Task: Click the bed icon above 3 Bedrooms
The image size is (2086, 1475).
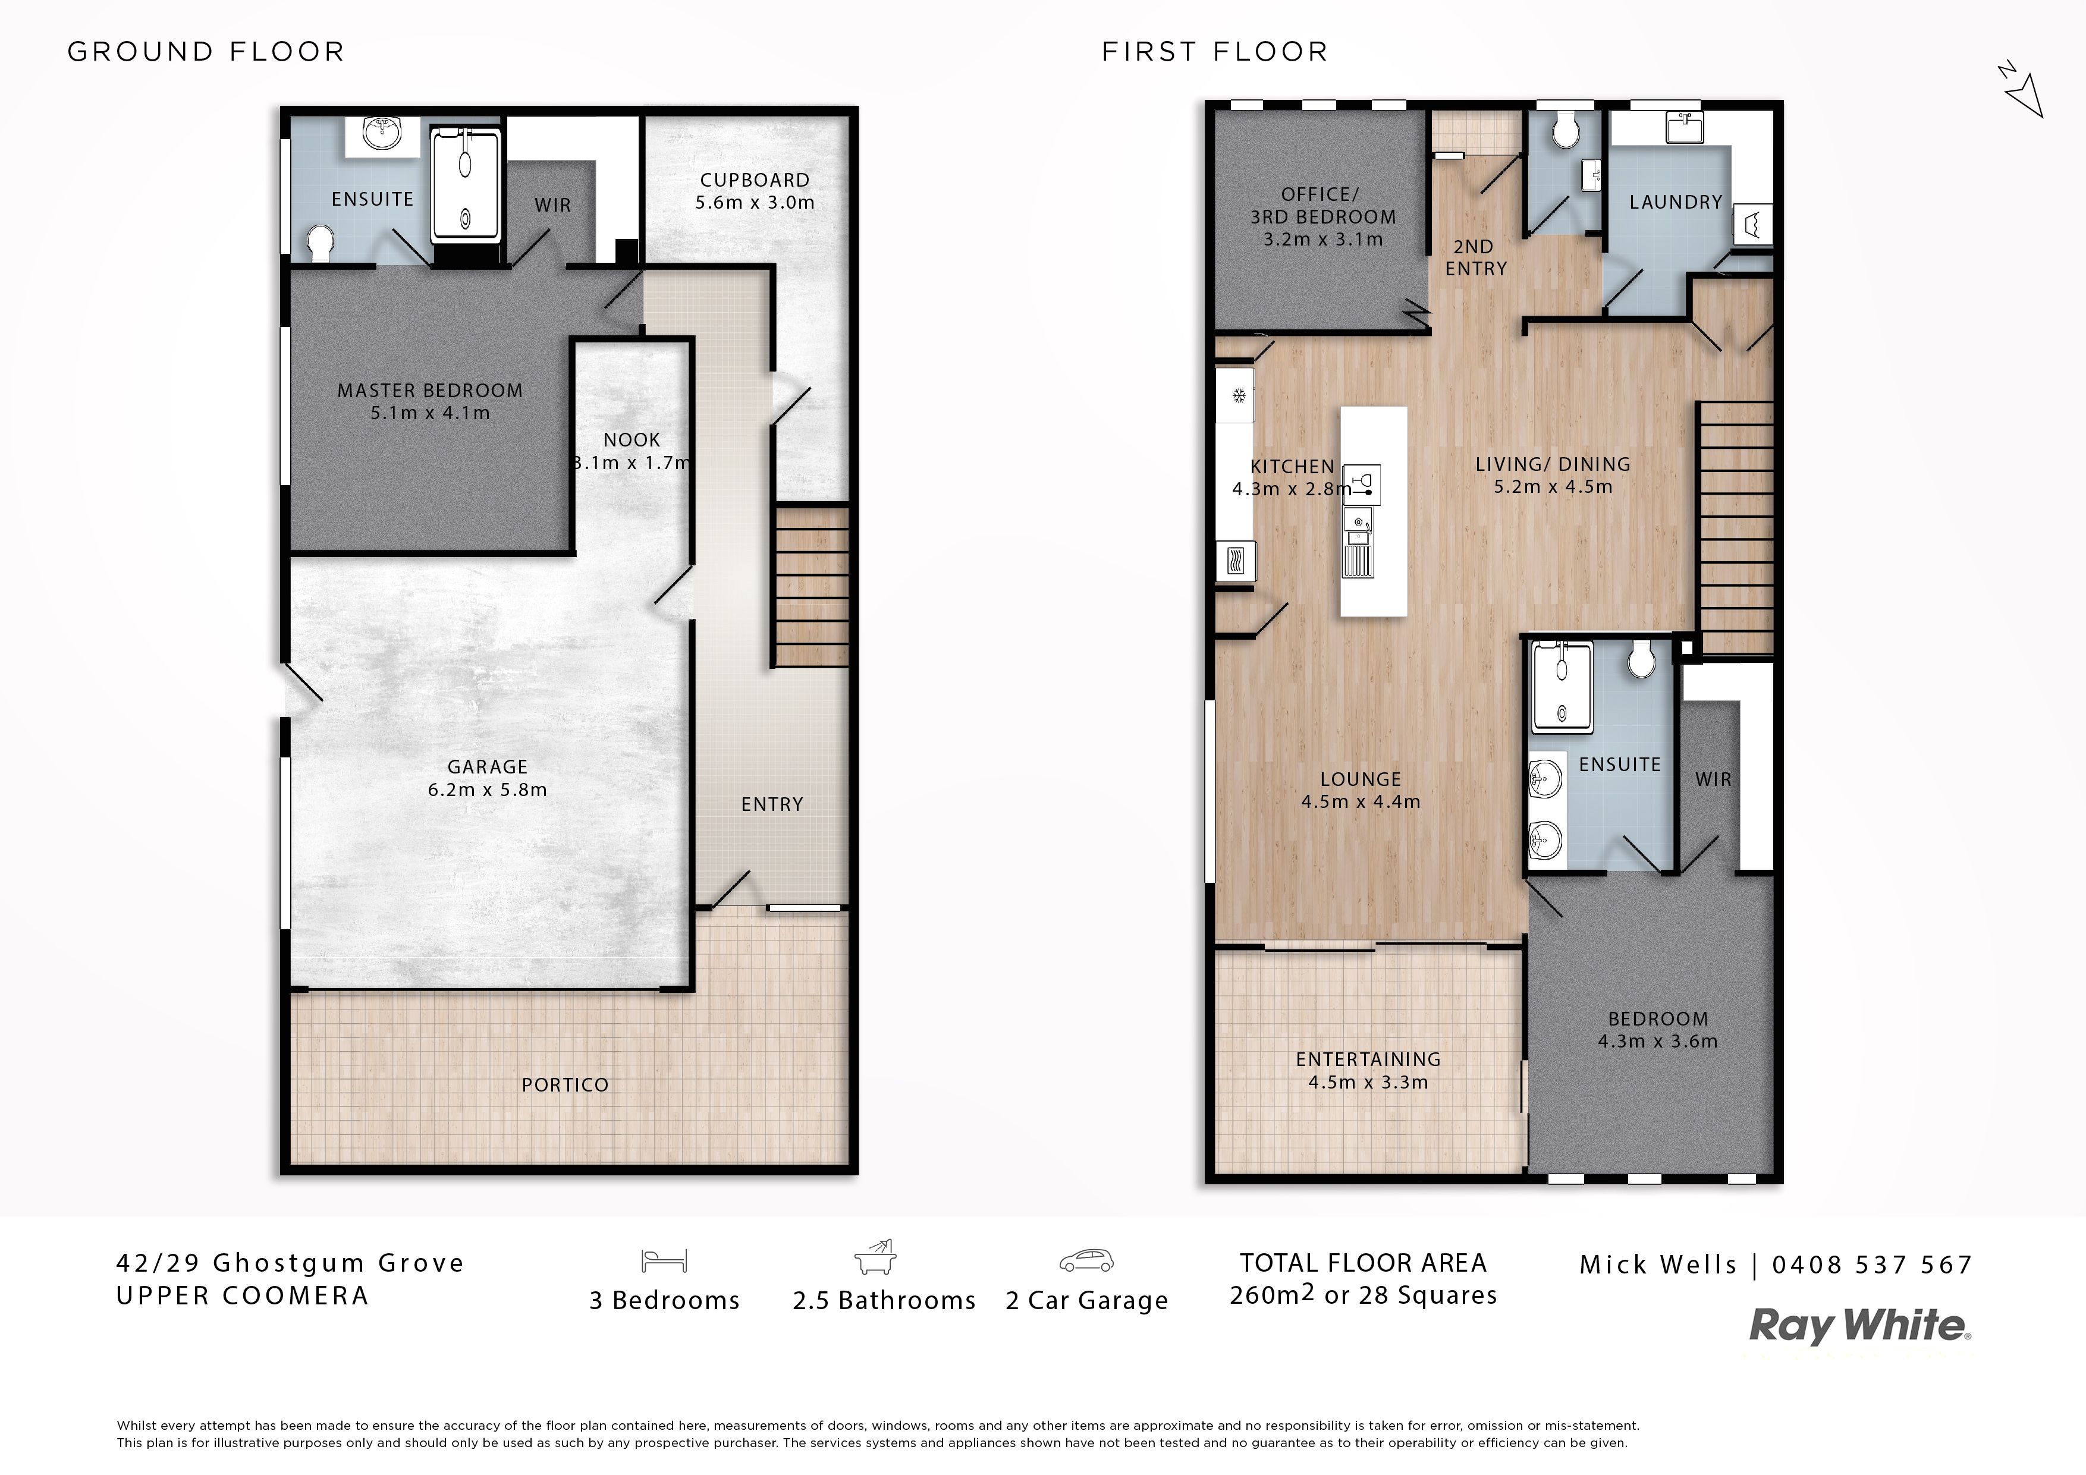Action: coord(664,1260)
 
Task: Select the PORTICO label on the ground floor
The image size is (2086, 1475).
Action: coord(565,1084)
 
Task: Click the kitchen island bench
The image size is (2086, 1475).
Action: coord(1374,511)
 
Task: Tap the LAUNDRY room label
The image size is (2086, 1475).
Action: coord(1675,203)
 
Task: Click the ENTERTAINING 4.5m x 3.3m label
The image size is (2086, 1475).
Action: coord(1368,1071)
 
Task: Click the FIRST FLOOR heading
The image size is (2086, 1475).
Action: coord(1215,52)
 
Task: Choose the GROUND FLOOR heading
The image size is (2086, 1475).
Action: coord(206,52)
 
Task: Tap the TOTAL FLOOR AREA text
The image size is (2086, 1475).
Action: coord(1364,1263)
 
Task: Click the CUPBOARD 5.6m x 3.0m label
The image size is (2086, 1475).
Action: coord(755,191)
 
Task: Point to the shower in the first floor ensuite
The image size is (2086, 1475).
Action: coord(1562,687)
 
